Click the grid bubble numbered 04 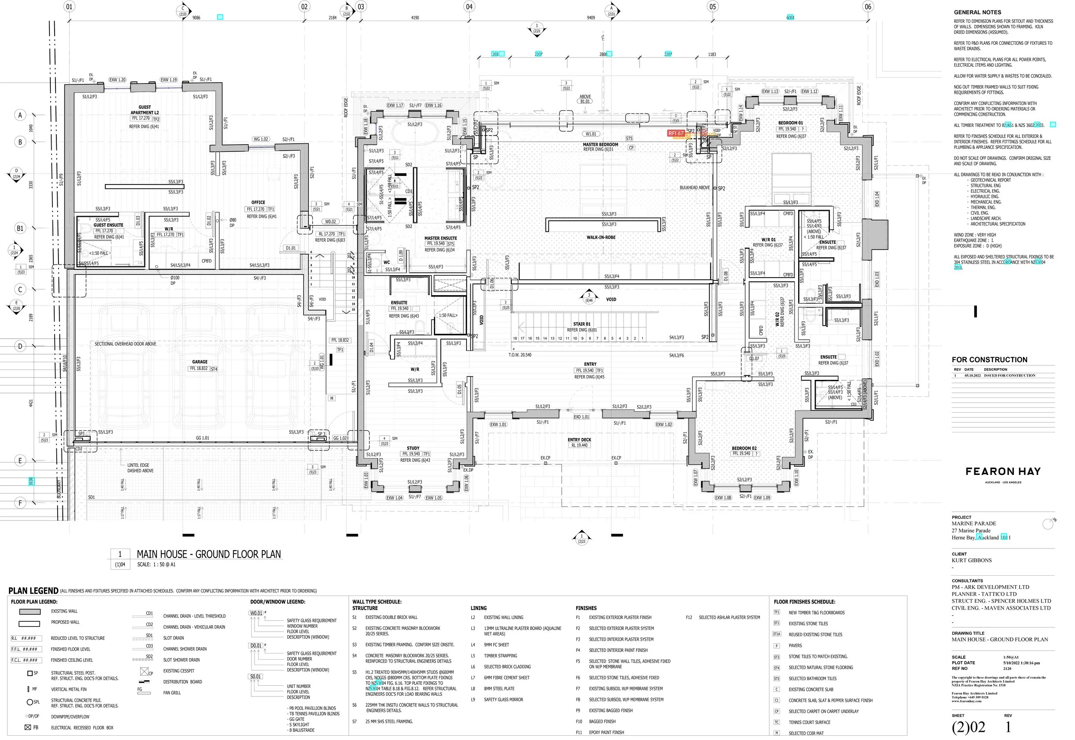click(x=469, y=6)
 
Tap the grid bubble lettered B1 click(x=20, y=228)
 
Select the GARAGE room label click(x=200, y=362)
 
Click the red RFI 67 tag click(x=676, y=133)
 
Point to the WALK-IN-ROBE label click(x=601, y=237)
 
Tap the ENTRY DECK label click(x=579, y=440)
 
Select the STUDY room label click(x=413, y=448)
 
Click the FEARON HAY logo click(x=1003, y=472)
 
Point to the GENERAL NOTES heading click(x=977, y=12)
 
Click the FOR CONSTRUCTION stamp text click(x=989, y=360)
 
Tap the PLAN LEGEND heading click(x=34, y=591)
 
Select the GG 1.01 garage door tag click(x=203, y=438)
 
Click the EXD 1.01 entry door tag click(x=581, y=417)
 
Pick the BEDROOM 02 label click(x=744, y=448)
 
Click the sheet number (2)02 click(x=968, y=728)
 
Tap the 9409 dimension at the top click(x=591, y=18)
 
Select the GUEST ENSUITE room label click(x=108, y=225)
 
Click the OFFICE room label click(x=258, y=203)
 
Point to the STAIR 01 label click(x=581, y=324)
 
